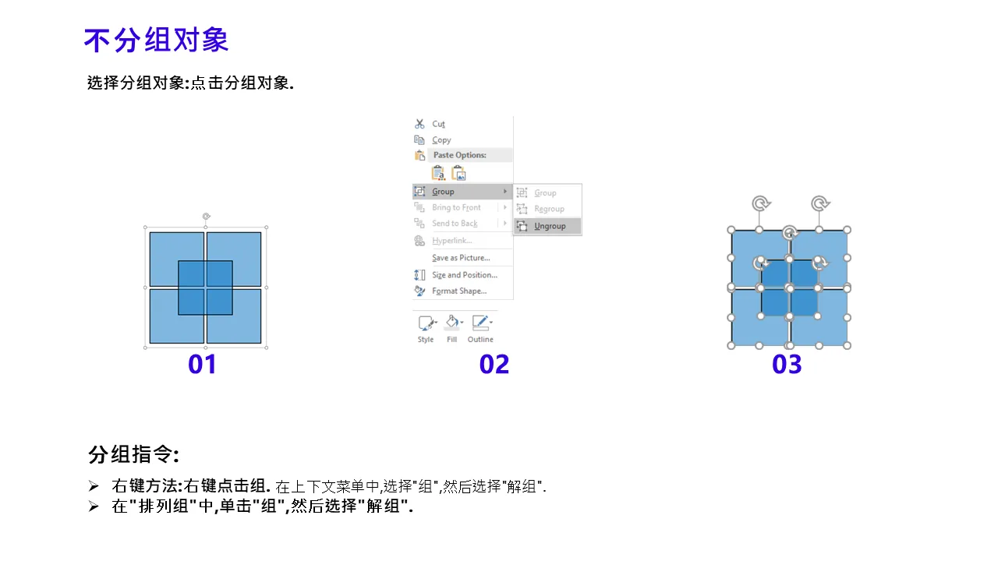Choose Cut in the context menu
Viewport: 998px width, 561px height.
[438, 124]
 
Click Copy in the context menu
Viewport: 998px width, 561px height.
[441, 139]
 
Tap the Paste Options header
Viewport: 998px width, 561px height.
[460, 155]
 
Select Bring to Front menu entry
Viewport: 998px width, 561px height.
[456, 207]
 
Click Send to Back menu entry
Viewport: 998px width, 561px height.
[455, 224]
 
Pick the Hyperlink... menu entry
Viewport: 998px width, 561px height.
[451, 241]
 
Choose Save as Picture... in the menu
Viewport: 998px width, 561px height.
[461, 258]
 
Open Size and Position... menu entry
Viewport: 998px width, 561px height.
[464, 275]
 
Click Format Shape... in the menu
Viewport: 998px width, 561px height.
[459, 291]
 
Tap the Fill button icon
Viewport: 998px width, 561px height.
[452, 323]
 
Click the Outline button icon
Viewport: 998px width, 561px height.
[480, 323]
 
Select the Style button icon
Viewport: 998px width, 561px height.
[426, 323]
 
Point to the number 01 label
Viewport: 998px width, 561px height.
[202, 364]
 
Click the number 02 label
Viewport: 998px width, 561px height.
[494, 364]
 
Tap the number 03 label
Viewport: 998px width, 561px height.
[787, 364]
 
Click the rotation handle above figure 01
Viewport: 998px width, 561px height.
[206, 217]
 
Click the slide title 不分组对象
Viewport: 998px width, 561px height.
[156, 40]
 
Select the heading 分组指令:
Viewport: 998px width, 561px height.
[133, 454]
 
